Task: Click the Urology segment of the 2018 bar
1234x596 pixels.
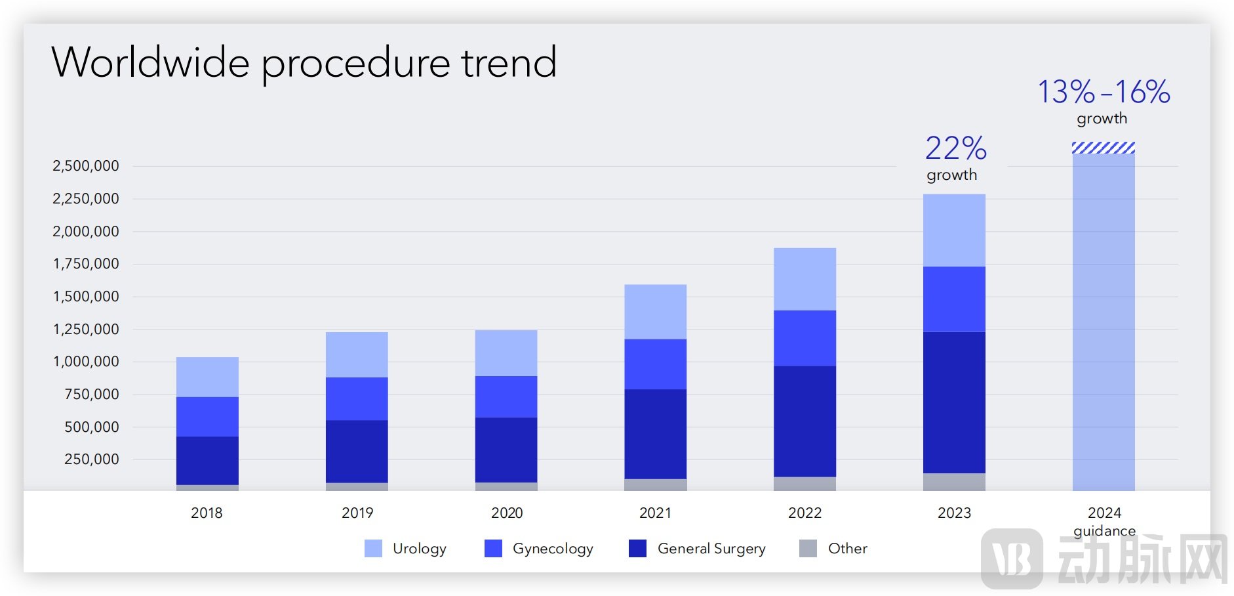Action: point(207,377)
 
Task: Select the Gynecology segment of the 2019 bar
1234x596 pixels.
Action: point(357,398)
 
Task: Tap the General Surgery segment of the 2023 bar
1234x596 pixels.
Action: point(954,402)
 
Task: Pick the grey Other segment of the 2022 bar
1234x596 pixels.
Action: point(805,484)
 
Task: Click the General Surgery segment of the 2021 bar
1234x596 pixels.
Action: point(655,434)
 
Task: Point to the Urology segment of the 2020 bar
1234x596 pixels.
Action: point(506,353)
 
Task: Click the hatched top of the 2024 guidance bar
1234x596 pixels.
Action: point(1104,148)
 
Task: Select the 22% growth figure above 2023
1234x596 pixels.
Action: point(955,148)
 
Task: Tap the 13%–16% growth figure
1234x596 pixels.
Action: point(1104,92)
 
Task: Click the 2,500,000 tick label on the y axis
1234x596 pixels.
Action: point(86,166)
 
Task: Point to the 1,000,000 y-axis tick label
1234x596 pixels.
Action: point(86,362)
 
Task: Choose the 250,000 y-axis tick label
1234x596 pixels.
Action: point(92,459)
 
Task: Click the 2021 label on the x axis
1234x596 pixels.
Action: point(655,513)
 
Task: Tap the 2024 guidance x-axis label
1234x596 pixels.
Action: point(1104,521)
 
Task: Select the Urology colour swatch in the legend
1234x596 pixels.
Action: point(373,548)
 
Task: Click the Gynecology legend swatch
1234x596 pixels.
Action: point(493,548)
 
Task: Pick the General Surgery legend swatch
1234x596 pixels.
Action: point(637,548)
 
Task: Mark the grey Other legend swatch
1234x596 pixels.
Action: point(808,548)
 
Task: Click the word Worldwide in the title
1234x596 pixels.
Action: point(150,62)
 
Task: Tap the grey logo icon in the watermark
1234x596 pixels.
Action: point(1012,559)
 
